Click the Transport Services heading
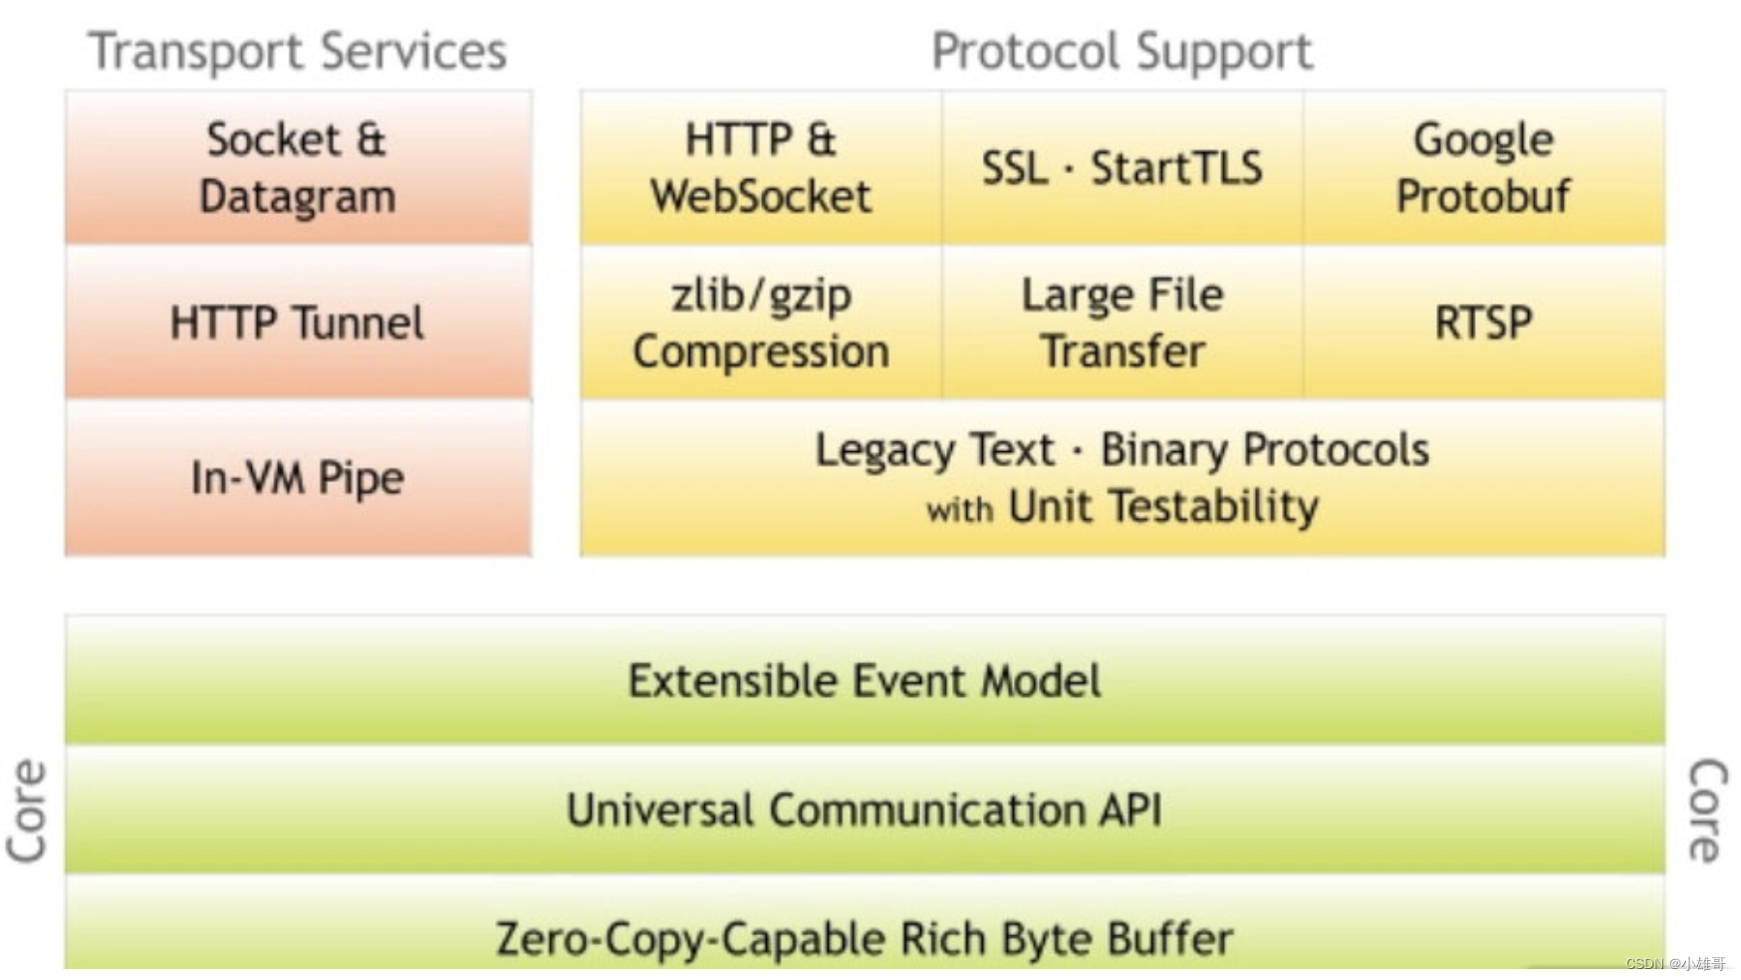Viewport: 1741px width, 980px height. click(x=297, y=51)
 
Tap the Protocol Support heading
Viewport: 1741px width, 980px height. click(x=1121, y=51)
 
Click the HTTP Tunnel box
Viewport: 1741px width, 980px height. click(x=298, y=323)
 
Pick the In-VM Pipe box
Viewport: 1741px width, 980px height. click(x=298, y=478)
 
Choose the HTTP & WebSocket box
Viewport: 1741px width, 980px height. click(x=761, y=167)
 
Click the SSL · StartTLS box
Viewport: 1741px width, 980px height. click(x=1121, y=167)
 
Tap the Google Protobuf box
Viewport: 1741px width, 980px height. click(x=1483, y=167)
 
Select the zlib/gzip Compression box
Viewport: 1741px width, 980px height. click(x=761, y=323)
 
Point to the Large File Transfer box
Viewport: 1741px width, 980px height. click(x=1121, y=323)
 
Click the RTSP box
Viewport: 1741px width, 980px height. click(x=1483, y=323)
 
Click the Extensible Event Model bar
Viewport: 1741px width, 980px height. click(x=865, y=681)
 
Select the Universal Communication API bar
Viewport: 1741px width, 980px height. click(x=865, y=810)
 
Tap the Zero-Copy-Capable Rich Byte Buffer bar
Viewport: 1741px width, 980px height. click(x=865, y=938)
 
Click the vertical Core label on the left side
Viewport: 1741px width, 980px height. click(x=28, y=810)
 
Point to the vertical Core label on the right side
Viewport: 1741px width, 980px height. click(x=1707, y=810)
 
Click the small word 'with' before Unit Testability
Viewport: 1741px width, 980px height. click(x=959, y=510)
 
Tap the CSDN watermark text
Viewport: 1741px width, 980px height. click(x=1675, y=964)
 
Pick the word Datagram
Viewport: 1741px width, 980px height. click(x=298, y=197)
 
